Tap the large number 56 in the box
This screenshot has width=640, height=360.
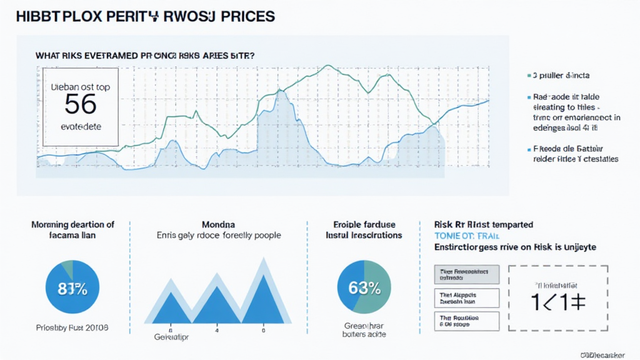(x=81, y=104)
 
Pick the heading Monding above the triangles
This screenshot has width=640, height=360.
(x=218, y=224)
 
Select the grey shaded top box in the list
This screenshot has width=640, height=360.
(x=466, y=274)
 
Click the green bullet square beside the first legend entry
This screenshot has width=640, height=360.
(x=529, y=75)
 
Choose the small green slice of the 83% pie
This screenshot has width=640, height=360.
(x=66, y=270)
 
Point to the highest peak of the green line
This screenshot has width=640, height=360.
(x=327, y=65)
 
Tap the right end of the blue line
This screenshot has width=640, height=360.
(x=487, y=101)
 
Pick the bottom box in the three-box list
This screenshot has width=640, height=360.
(x=466, y=321)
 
